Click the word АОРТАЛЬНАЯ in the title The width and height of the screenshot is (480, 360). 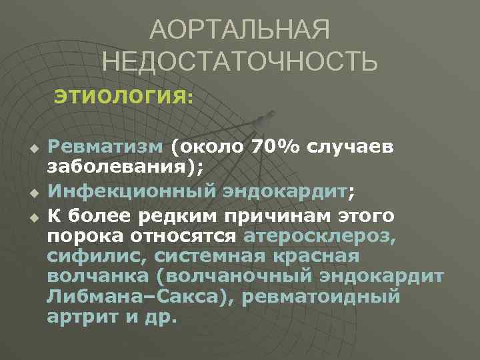pos(239,30)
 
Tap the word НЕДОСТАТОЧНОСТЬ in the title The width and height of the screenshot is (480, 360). pos(240,63)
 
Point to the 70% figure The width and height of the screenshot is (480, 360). pos(275,146)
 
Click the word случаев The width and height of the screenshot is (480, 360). pos(353,146)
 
